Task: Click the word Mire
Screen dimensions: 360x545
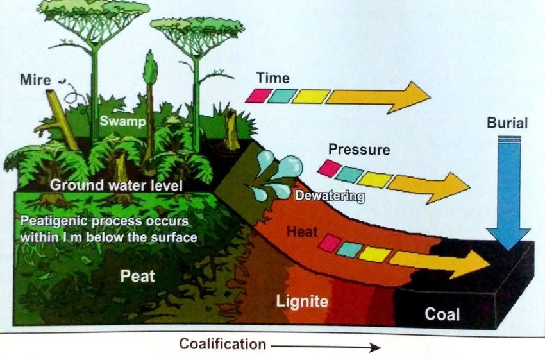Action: (34, 80)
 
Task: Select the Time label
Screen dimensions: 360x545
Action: (272, 78)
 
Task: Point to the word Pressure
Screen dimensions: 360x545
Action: (358, 150)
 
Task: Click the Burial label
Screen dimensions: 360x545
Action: (507, 122)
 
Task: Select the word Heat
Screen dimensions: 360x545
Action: (301, 230)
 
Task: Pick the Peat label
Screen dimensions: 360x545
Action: (138, 277)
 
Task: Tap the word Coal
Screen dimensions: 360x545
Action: (442, 314)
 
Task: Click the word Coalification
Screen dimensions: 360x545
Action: (222, 344)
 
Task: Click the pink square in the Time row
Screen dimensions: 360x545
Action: (256, 96)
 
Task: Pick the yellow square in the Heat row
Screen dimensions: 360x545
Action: (374, 253)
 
